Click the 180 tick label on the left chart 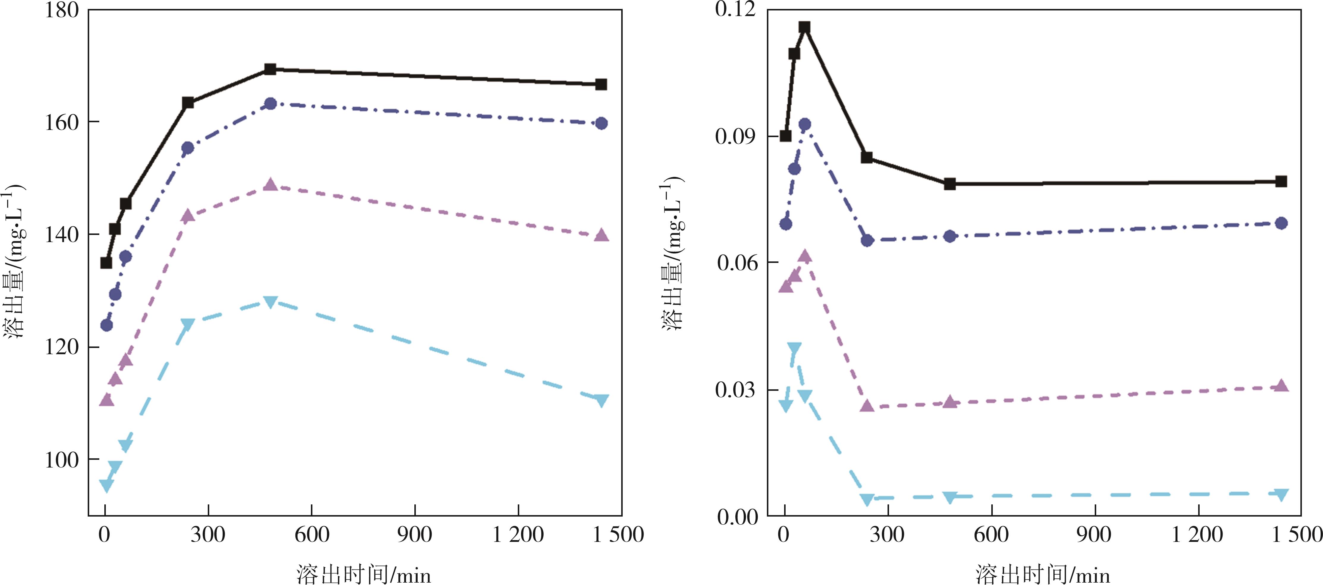(62, 10)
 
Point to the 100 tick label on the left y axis (62, 459)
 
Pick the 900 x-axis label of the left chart (414, 535)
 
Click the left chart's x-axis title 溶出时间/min (364, 574)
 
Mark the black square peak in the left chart (270, 69)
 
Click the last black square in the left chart (601, 84)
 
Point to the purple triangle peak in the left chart (270, 185)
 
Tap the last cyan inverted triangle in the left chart (601, 400)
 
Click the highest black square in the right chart (805, 27)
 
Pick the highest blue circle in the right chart (805, 124)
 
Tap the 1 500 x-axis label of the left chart (618, 535)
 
